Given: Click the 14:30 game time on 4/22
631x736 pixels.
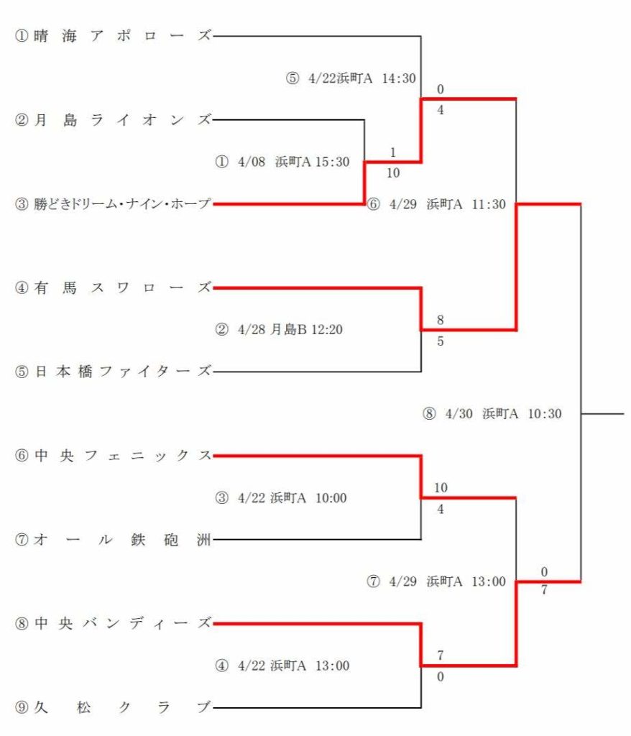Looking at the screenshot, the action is pyautogui.click(x=399, y=78).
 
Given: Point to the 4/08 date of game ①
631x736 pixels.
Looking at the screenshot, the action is pyautogui.click(x=252, y=162).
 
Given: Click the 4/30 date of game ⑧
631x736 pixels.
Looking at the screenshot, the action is pyautogui.click(x=459, y=413).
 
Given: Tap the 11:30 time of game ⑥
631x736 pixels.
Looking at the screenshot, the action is pyautogui.click(x=489, y=204).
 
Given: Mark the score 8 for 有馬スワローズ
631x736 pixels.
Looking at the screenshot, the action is pyautogui.click(x=440, y=320).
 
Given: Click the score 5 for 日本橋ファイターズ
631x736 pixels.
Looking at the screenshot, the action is pyautogui.click(x=440, y=341).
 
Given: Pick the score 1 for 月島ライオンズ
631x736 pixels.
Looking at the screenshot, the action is pyautogui.click(x=393, y=152).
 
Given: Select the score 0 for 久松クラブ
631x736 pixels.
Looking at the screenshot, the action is pyautogui.click(x=440, y=676).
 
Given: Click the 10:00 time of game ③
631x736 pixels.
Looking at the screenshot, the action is pyautogui.click(x=331, y=497).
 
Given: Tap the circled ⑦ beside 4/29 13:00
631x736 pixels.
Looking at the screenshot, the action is pyautogui.click(x=373, y=581).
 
